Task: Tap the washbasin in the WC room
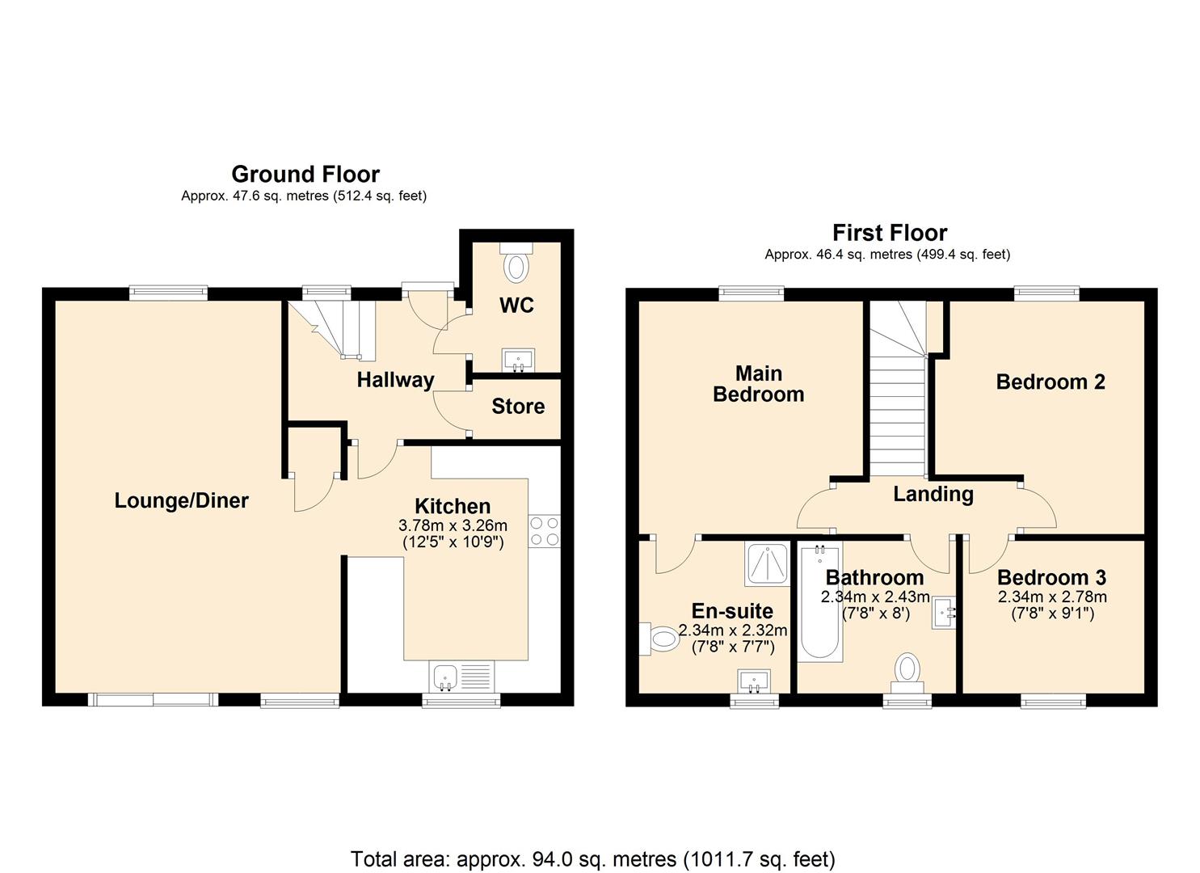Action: point(517,360)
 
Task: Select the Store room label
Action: point(518,406)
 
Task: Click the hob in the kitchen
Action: point(544,531)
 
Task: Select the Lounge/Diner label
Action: point(181,500)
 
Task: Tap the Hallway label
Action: point(395,379)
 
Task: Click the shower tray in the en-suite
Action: point(766,563)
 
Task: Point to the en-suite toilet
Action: point(662,639)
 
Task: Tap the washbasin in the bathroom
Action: point(944,612)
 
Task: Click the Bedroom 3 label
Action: point(1051,577)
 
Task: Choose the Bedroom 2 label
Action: point(1051,382)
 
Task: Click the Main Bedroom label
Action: point(758,384)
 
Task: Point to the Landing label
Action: point(933,494)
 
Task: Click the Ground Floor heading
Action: point(305,174)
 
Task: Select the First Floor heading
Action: point(889,233)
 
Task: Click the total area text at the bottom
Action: point(592,858)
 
